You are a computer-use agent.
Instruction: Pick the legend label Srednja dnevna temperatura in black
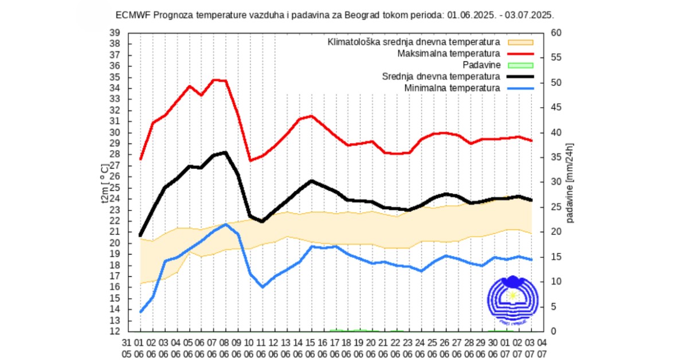[x=441, y=76]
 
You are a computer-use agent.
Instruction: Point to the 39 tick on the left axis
[x=114, y=33]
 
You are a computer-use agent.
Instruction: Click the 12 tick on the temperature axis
[x=114, y=331]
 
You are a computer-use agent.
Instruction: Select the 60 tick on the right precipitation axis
[x=555, y=33]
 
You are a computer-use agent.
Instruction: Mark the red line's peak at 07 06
[x=214, y=80]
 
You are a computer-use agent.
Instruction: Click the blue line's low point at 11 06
[x=263, y=287]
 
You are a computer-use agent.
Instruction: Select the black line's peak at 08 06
[x=226, y=152]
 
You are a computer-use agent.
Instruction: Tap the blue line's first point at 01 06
[x=140, y=312]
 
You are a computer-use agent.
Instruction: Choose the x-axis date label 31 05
[x=128, y=347]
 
